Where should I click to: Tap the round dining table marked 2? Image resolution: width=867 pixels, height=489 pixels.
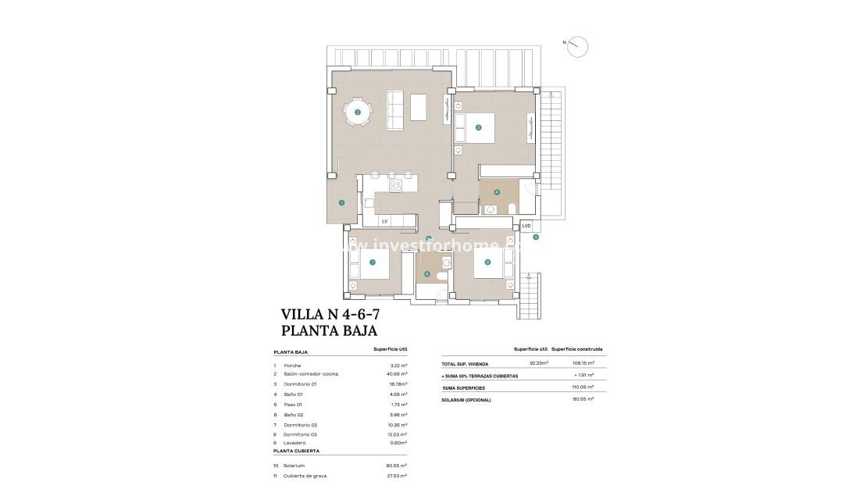[358, 112]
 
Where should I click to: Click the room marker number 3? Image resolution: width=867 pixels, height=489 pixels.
[479, 127]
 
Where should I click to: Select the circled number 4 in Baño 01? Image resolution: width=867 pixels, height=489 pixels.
[497, 191]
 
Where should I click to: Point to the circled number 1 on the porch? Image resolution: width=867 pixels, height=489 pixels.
[341, 202]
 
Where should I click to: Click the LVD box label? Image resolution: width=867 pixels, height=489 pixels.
[526, 226]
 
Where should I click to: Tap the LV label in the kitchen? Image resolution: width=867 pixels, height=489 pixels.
[384, 221]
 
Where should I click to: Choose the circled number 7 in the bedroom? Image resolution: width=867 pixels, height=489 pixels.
[373, 262]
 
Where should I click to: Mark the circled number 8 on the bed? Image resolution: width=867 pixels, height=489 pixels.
[487, 262]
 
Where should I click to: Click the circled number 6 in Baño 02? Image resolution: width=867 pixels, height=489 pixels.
[426, 273]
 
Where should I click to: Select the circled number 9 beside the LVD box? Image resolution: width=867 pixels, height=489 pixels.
[536, 237]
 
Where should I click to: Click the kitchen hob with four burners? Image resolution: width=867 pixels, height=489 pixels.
[395, 186]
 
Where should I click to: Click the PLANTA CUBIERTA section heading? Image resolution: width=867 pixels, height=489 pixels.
[296, 452]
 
